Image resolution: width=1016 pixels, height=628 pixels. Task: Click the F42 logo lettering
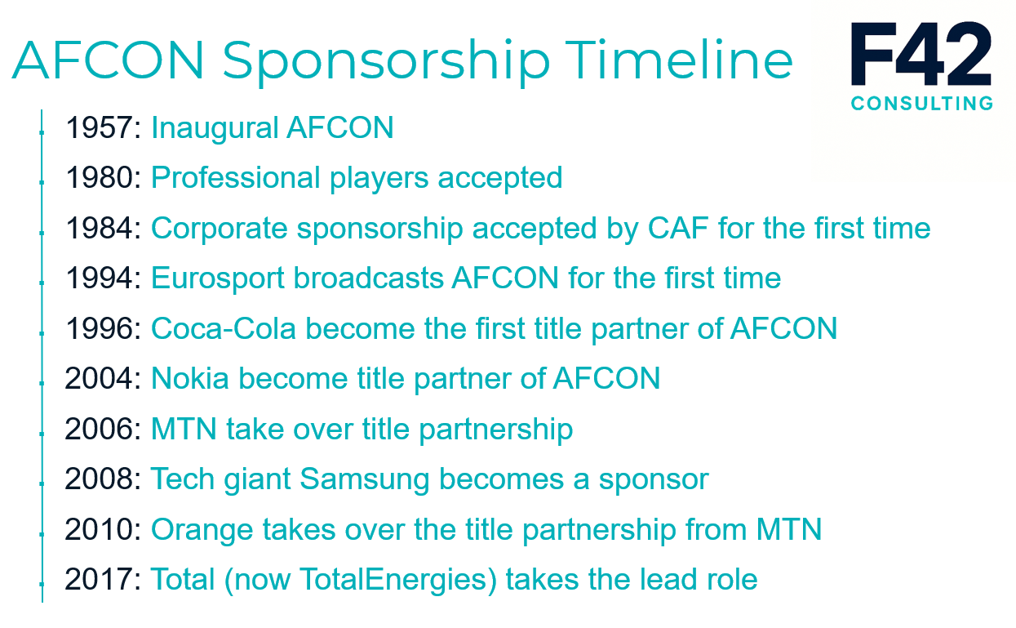pyautogui.click(x=921, y=55)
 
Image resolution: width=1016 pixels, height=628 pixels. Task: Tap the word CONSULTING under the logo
pyautogui.click(x=921, y=104)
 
